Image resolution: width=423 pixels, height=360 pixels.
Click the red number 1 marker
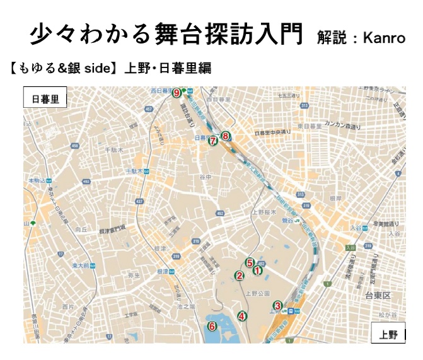(x=257, y=270)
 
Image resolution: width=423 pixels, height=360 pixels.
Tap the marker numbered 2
(x=239, y=276)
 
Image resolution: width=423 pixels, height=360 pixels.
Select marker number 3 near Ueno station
(x=277, y=306)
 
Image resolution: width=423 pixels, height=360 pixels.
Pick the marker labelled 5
(x=250, y=263)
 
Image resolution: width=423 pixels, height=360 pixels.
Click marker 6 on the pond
(x=212, y=326)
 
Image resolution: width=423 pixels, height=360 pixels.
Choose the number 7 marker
(x=213, y=141)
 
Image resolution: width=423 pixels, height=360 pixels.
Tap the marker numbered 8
(x=226, y=135)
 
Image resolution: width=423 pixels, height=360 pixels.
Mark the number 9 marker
(x=177, y=93)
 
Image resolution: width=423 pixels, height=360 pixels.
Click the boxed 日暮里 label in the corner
(x=45, y=100)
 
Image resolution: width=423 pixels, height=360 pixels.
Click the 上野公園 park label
(x=257, y=294)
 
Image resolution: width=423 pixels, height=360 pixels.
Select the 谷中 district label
(x=204, y=177)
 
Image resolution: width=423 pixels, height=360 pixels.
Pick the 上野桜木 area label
(x=265, y=212)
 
